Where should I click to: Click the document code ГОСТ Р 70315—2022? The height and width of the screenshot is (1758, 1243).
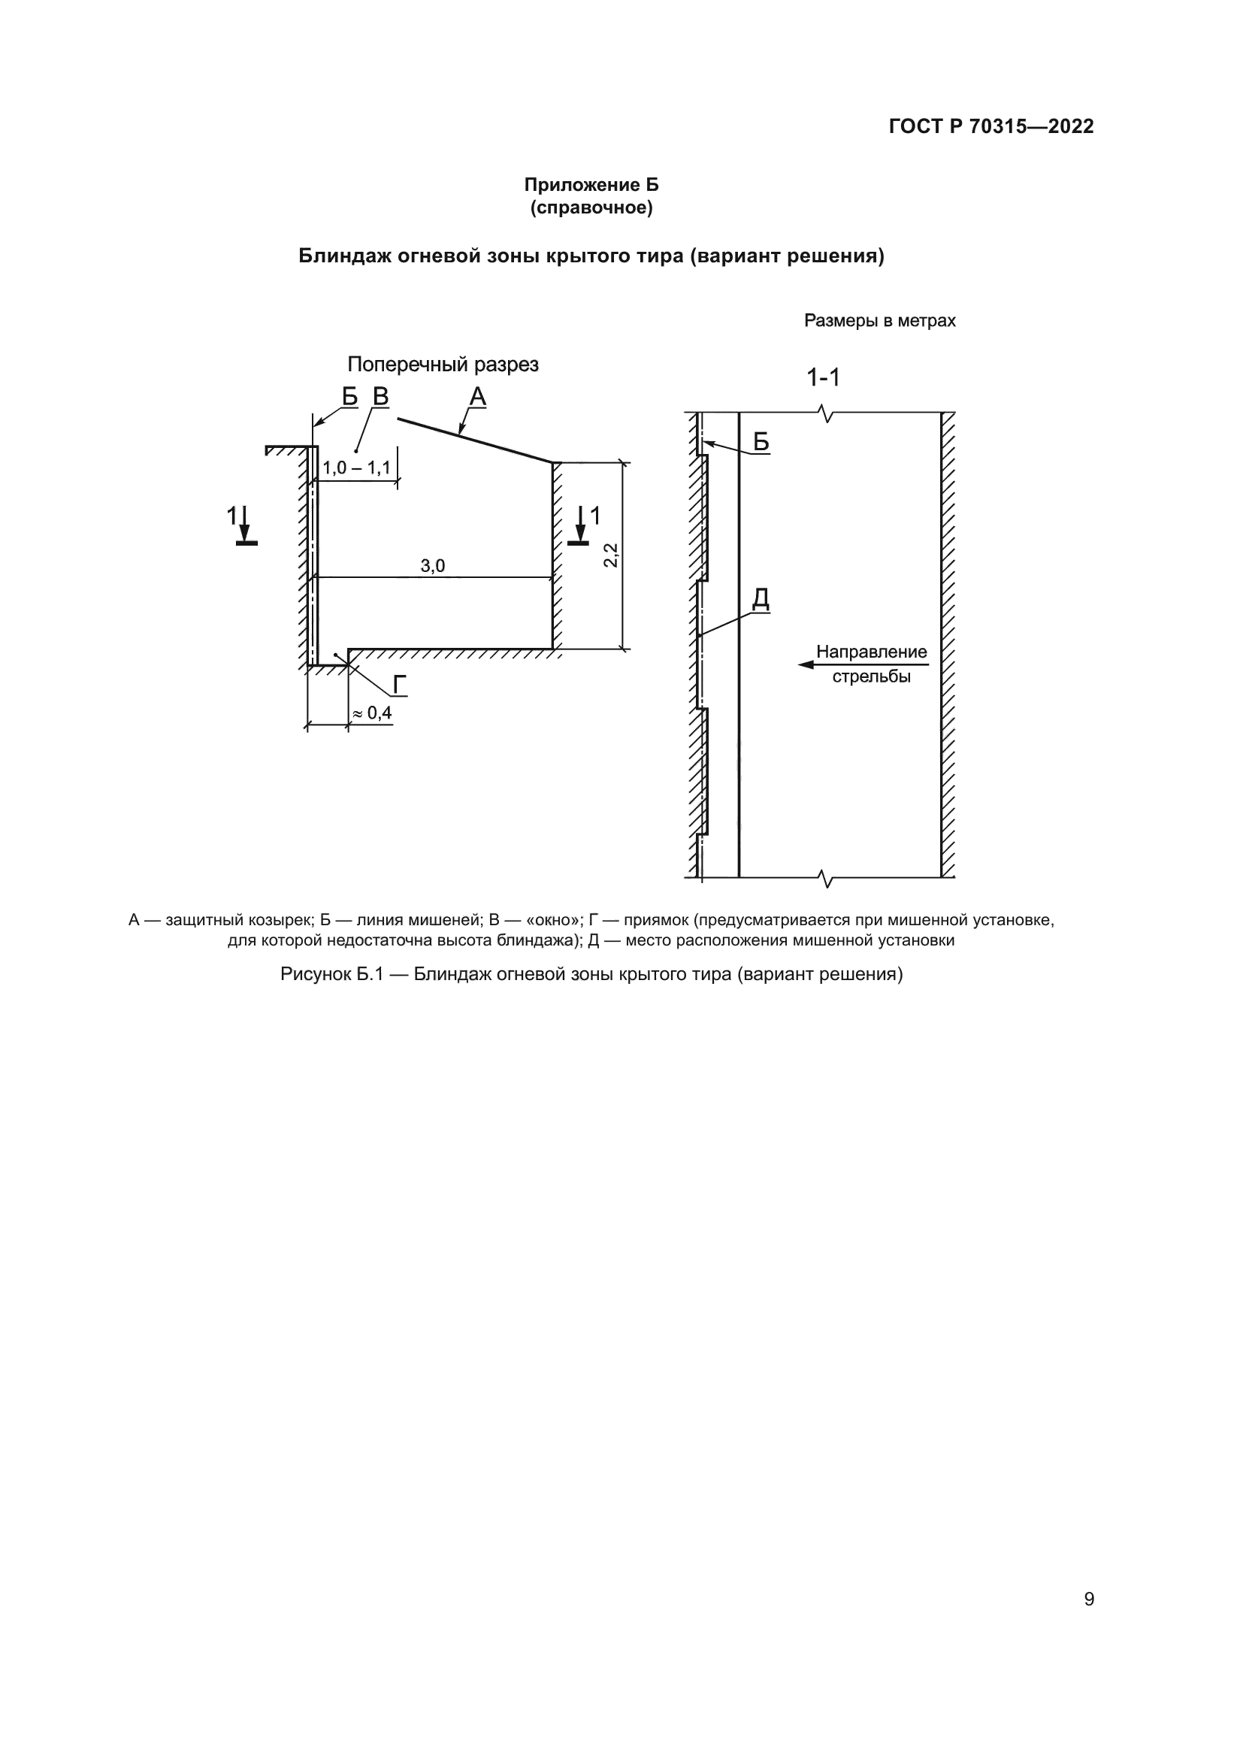(x=990, y=126)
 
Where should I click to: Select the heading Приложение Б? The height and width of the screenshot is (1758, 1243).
(x=591, y=185)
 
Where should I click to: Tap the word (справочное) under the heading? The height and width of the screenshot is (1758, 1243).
(x=591, y=207)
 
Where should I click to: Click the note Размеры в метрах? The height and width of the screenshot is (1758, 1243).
(x=879, y=321)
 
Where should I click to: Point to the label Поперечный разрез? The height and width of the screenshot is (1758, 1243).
(x=443, y=365)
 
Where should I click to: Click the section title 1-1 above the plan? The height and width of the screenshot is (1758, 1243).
(x=823, y=377)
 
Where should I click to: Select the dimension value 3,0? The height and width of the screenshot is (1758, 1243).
(x=432, y=566)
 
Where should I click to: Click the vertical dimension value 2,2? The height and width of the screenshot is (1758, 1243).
(x=610, y=555)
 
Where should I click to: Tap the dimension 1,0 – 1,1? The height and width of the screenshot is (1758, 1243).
(x=356, y=467)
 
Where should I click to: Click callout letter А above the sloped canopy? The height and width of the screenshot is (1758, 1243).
(x=478, y=397)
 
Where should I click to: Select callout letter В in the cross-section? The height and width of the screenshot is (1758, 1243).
(x=380, y=397)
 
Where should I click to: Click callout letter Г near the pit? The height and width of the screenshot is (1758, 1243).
(x=400, y=685)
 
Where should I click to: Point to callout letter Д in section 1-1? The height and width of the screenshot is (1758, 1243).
(x=760, y=599)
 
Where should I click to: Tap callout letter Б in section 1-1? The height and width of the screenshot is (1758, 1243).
(x=761, y=442)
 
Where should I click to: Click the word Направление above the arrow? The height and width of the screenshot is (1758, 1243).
(x=871, y=652)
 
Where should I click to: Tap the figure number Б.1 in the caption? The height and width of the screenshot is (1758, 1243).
(x=369, y=975)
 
